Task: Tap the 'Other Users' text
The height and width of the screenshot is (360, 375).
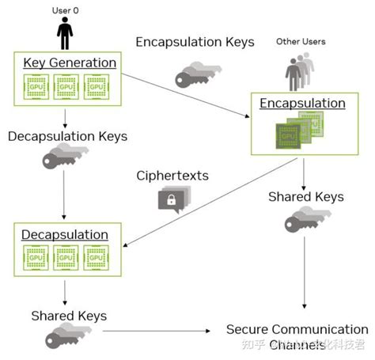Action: (x=300, y=41)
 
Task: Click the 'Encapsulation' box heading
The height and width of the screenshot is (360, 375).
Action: (x=303, y=104)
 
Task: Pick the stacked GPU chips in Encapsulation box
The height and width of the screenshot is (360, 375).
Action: (x=297, y=130)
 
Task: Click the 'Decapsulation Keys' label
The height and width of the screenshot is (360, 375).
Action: (x=67, y=136)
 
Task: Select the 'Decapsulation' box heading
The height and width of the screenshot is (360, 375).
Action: (x=65, y=234)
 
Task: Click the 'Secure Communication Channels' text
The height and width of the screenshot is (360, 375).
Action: (x=297, y=336)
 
